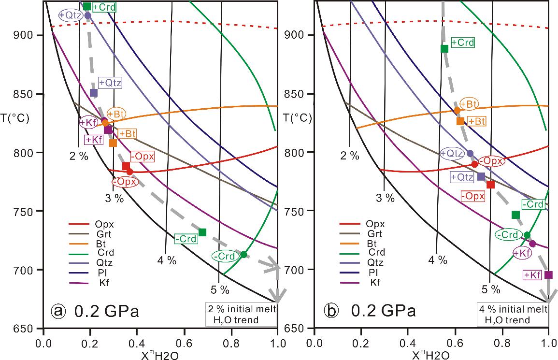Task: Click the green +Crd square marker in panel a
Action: pos(87,6)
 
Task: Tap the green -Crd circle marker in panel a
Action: pos(243,255)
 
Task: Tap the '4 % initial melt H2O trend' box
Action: pos(511,315)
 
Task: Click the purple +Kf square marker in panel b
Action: pos(548,275)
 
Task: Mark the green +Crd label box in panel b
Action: pos(462,43)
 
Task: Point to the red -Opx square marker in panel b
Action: pos(491,185)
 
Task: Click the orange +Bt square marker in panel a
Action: pos(113,143)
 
